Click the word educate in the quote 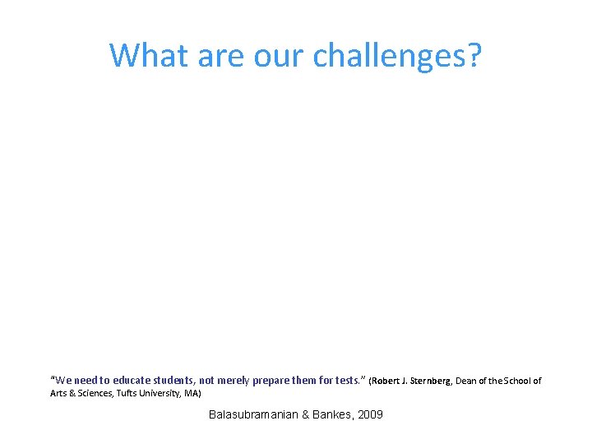pos(124,381)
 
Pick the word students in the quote pos(169,381)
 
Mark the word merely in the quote pos(234,381)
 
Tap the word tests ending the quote pos(347,381)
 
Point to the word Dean pos(473,382)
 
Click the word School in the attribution pos(521,382)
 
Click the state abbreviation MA pos(192,394)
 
